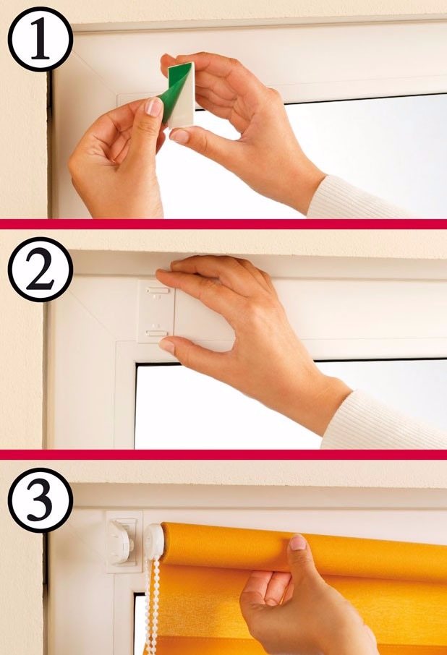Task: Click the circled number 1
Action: (x=40, y=39)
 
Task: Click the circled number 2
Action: (x=40, y=270)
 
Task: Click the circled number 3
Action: (x=40, y=500)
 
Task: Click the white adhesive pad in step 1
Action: (x=184, y=95)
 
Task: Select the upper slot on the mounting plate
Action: (x=158, y=291)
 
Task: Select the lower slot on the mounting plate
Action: (x=157, y=333)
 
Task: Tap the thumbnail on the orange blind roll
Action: (x=298, y=542)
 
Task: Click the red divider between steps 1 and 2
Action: (x=223, y=224)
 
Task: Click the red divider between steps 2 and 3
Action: (x=223, y=455)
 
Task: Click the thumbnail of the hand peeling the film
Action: (x=154, y=107)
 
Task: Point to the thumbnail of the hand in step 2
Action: (x=166, y=346)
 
